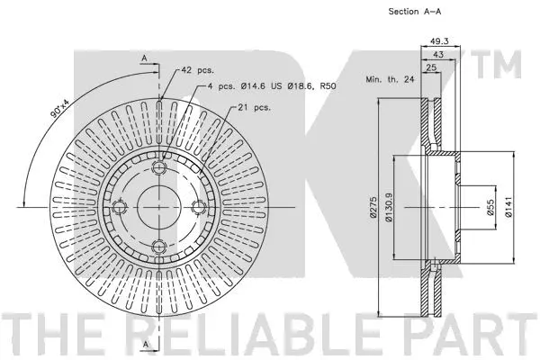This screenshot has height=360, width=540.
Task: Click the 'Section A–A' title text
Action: pos(390,12)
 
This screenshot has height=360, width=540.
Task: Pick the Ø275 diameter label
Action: pos(382,208)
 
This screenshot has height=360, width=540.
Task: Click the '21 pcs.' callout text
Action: pos(256,106)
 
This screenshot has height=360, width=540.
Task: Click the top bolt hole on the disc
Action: pos(158,168)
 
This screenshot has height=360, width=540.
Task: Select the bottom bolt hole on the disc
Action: pos(158,247)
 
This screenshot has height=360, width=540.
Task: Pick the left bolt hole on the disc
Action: pos(119,208)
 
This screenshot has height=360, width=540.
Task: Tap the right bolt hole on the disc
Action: pos(198,208)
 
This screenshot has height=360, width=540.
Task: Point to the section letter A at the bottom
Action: pos(144,344)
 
